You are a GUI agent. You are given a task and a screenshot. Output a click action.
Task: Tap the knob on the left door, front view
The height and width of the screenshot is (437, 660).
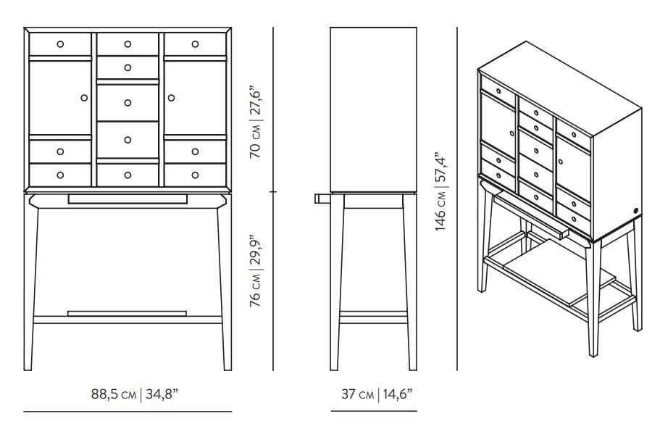[84, 98]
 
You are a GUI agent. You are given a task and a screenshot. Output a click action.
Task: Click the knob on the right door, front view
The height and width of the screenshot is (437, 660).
[171, 98]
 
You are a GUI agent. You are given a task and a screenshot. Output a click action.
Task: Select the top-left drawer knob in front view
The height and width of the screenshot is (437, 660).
[60, 44]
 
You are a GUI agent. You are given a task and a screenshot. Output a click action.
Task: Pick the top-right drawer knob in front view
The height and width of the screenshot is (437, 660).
[196, 44]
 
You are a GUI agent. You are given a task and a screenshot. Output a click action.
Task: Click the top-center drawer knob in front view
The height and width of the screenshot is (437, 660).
[128, 44]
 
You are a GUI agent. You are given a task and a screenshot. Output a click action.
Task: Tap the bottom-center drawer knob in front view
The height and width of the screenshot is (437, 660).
[128, 175]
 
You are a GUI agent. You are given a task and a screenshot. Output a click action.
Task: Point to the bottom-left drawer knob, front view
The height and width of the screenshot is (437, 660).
[60, 175]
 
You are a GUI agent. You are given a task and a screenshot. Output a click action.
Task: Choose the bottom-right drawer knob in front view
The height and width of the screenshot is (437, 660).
[196, 175]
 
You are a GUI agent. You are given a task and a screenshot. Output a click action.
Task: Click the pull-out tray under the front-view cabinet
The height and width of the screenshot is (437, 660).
[128, 199]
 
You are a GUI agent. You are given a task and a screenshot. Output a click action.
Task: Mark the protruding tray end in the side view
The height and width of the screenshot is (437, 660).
[322, 199]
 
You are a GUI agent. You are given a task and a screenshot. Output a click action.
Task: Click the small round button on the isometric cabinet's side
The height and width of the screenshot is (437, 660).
[635, 210]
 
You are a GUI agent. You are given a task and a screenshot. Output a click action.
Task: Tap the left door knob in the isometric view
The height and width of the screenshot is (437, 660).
[511, 133]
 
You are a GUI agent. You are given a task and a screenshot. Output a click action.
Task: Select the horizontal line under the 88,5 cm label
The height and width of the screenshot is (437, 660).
[128, 412]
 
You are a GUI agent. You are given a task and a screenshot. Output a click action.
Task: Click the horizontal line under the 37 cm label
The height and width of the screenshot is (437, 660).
[374, 411]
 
